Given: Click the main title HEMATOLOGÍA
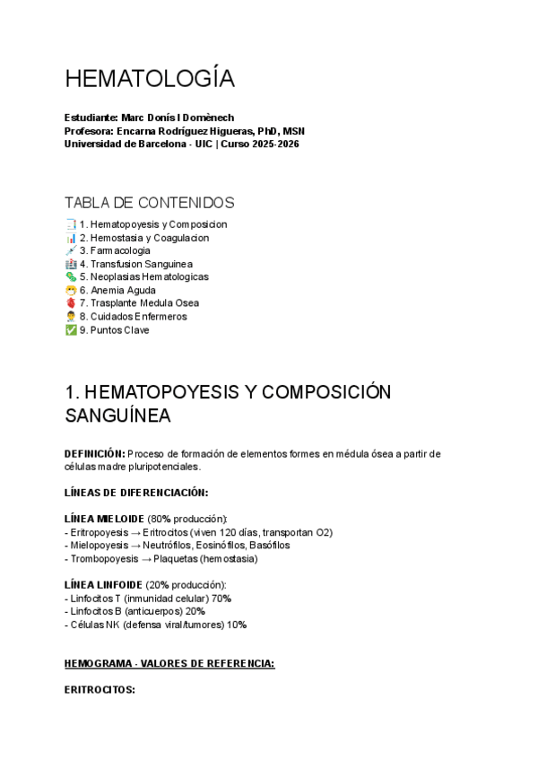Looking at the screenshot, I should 150,80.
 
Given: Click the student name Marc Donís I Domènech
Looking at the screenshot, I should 183,118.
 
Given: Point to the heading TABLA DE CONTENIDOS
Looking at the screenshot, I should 150,203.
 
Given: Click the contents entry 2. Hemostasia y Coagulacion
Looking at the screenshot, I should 143,238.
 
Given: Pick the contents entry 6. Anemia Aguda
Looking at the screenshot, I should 117,291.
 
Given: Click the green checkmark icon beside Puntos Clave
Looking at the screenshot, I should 71,330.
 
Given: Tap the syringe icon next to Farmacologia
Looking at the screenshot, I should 71,250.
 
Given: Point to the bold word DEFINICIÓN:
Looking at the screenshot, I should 95,454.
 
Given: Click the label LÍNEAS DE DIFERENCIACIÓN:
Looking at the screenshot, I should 136,493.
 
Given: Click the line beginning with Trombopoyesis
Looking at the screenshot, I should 161,558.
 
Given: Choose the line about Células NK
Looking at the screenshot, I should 156,625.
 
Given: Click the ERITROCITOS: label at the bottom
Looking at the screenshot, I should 100,690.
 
